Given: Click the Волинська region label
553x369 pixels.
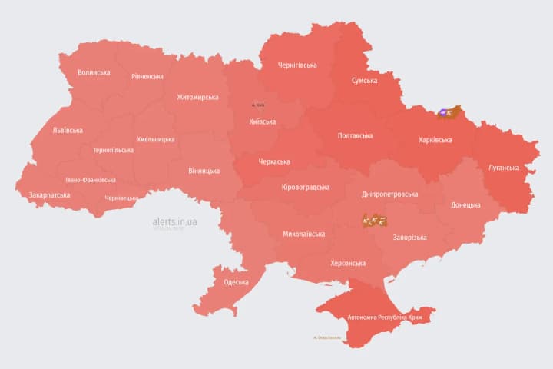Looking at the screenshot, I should coord(94,73).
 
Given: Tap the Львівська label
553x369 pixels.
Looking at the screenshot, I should coord(68,130).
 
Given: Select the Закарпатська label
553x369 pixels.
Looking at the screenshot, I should coord(49,195).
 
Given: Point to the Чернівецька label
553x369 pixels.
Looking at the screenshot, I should coord(122,198).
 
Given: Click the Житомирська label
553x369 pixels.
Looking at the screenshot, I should coord(197,98).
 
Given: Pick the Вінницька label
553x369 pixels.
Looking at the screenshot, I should coord(204,171).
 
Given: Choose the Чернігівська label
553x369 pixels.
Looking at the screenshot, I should coord(297,65).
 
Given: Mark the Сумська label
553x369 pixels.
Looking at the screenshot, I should coord(364,81).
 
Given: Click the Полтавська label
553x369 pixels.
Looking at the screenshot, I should coord(355,136).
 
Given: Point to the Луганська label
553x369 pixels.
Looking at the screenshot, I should coord(504,168).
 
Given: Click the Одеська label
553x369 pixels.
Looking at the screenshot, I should coord(236,282).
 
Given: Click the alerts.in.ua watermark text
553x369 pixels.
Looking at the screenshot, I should coord(175,221).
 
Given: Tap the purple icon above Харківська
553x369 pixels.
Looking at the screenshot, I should coord(445,112).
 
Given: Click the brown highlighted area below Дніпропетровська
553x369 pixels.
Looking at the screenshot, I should coord(375,221).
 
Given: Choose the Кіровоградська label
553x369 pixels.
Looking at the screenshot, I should coord(306,188).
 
